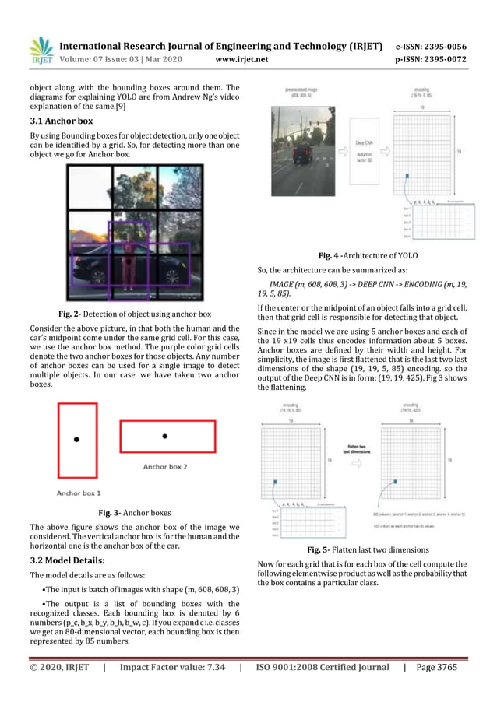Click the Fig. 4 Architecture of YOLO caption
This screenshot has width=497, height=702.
(368, 254)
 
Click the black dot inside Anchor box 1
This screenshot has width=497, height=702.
(76, 440)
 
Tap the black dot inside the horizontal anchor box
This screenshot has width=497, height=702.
(165, 436)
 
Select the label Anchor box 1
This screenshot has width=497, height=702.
(79, 493)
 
